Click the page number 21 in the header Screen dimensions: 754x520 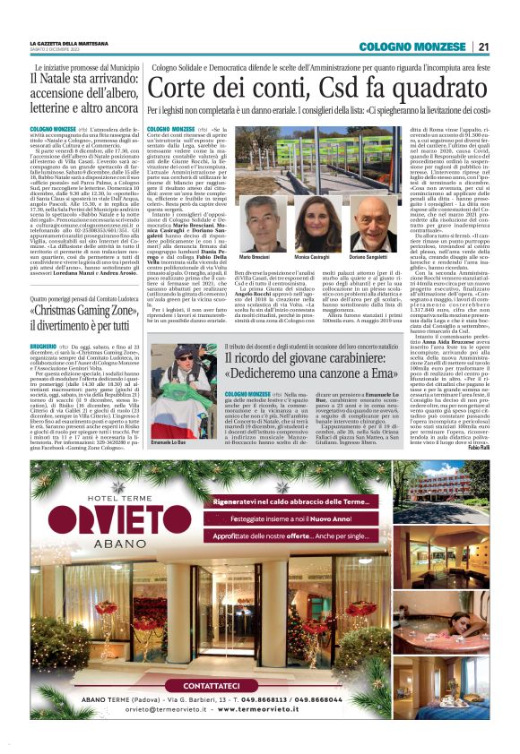click(x=482, y=47)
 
